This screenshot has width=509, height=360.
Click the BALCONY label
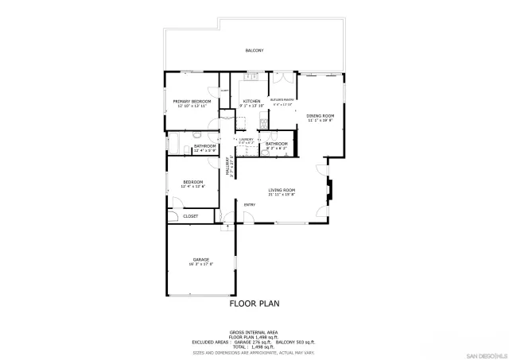(x=254, y=50)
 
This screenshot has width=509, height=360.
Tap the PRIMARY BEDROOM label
(x=192, y=101)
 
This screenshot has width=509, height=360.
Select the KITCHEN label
(x=252, y=101)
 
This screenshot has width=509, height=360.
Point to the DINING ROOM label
(x=321, y=116)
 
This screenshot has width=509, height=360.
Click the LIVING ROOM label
(x=282, y=190)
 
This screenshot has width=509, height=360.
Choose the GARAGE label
(x=200, y=260)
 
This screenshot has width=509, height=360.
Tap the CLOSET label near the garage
(x=191, y=216)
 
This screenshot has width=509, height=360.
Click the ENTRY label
(x=250, y=206)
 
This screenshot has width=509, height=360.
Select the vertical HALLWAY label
(x=227, y=165)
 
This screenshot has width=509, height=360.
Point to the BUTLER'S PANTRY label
(x=283, y=99)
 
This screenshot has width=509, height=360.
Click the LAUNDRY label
(x=246, y=139)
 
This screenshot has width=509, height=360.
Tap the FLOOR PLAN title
(x=254, y=303)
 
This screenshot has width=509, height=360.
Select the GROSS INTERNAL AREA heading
(x=254, y=331)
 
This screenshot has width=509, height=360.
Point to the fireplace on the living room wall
(x=330, y=190)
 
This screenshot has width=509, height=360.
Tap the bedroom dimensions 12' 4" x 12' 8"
(x=193, y=186)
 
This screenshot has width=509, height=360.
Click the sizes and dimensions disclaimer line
(x=254, y=351)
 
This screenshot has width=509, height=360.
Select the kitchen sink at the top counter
(x=251, y=77)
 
